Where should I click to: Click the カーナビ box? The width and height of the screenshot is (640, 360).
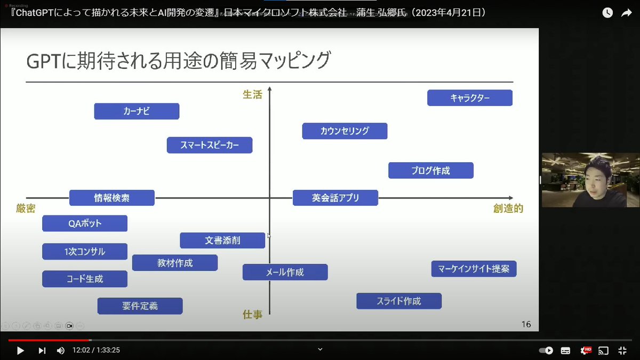137,111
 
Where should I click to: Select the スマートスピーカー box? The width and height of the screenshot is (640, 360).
210,145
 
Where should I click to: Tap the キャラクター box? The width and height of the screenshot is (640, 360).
470,98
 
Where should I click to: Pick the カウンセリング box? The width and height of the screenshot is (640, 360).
345,131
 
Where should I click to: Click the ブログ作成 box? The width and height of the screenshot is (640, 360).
431,171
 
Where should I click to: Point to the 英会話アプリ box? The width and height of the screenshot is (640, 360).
335,198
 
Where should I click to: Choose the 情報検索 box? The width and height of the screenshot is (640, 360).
112,198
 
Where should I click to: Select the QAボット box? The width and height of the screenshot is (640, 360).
85,223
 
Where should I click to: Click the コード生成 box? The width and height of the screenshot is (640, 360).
85,279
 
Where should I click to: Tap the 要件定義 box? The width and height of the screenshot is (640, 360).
140,306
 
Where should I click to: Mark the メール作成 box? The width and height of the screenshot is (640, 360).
285,273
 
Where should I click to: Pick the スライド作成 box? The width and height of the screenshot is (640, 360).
399,301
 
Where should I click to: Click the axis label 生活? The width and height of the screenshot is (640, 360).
252,94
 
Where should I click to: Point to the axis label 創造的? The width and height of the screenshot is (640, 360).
508,209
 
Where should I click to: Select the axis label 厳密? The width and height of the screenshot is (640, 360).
26,209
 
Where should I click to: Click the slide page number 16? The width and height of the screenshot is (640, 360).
526,324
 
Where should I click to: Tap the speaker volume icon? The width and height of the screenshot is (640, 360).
61,350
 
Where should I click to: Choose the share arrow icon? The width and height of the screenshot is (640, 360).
626,13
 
